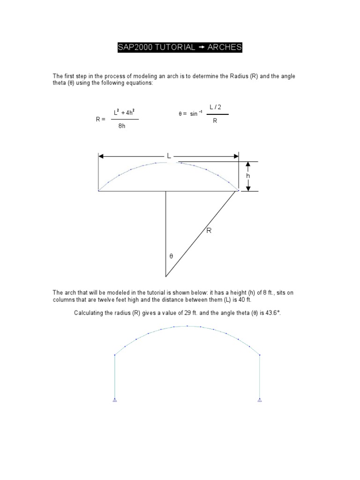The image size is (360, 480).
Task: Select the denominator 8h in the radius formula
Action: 122,126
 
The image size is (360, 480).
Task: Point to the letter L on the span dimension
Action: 168,155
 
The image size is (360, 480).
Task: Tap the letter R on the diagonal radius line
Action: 209,230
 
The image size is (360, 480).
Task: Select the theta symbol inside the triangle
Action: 171,256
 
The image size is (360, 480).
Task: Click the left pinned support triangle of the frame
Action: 115,400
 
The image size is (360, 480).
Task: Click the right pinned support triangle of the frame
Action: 259,400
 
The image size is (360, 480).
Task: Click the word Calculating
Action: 89,312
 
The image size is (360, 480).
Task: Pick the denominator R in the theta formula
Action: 215,120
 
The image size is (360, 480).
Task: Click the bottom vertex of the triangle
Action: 165,276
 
